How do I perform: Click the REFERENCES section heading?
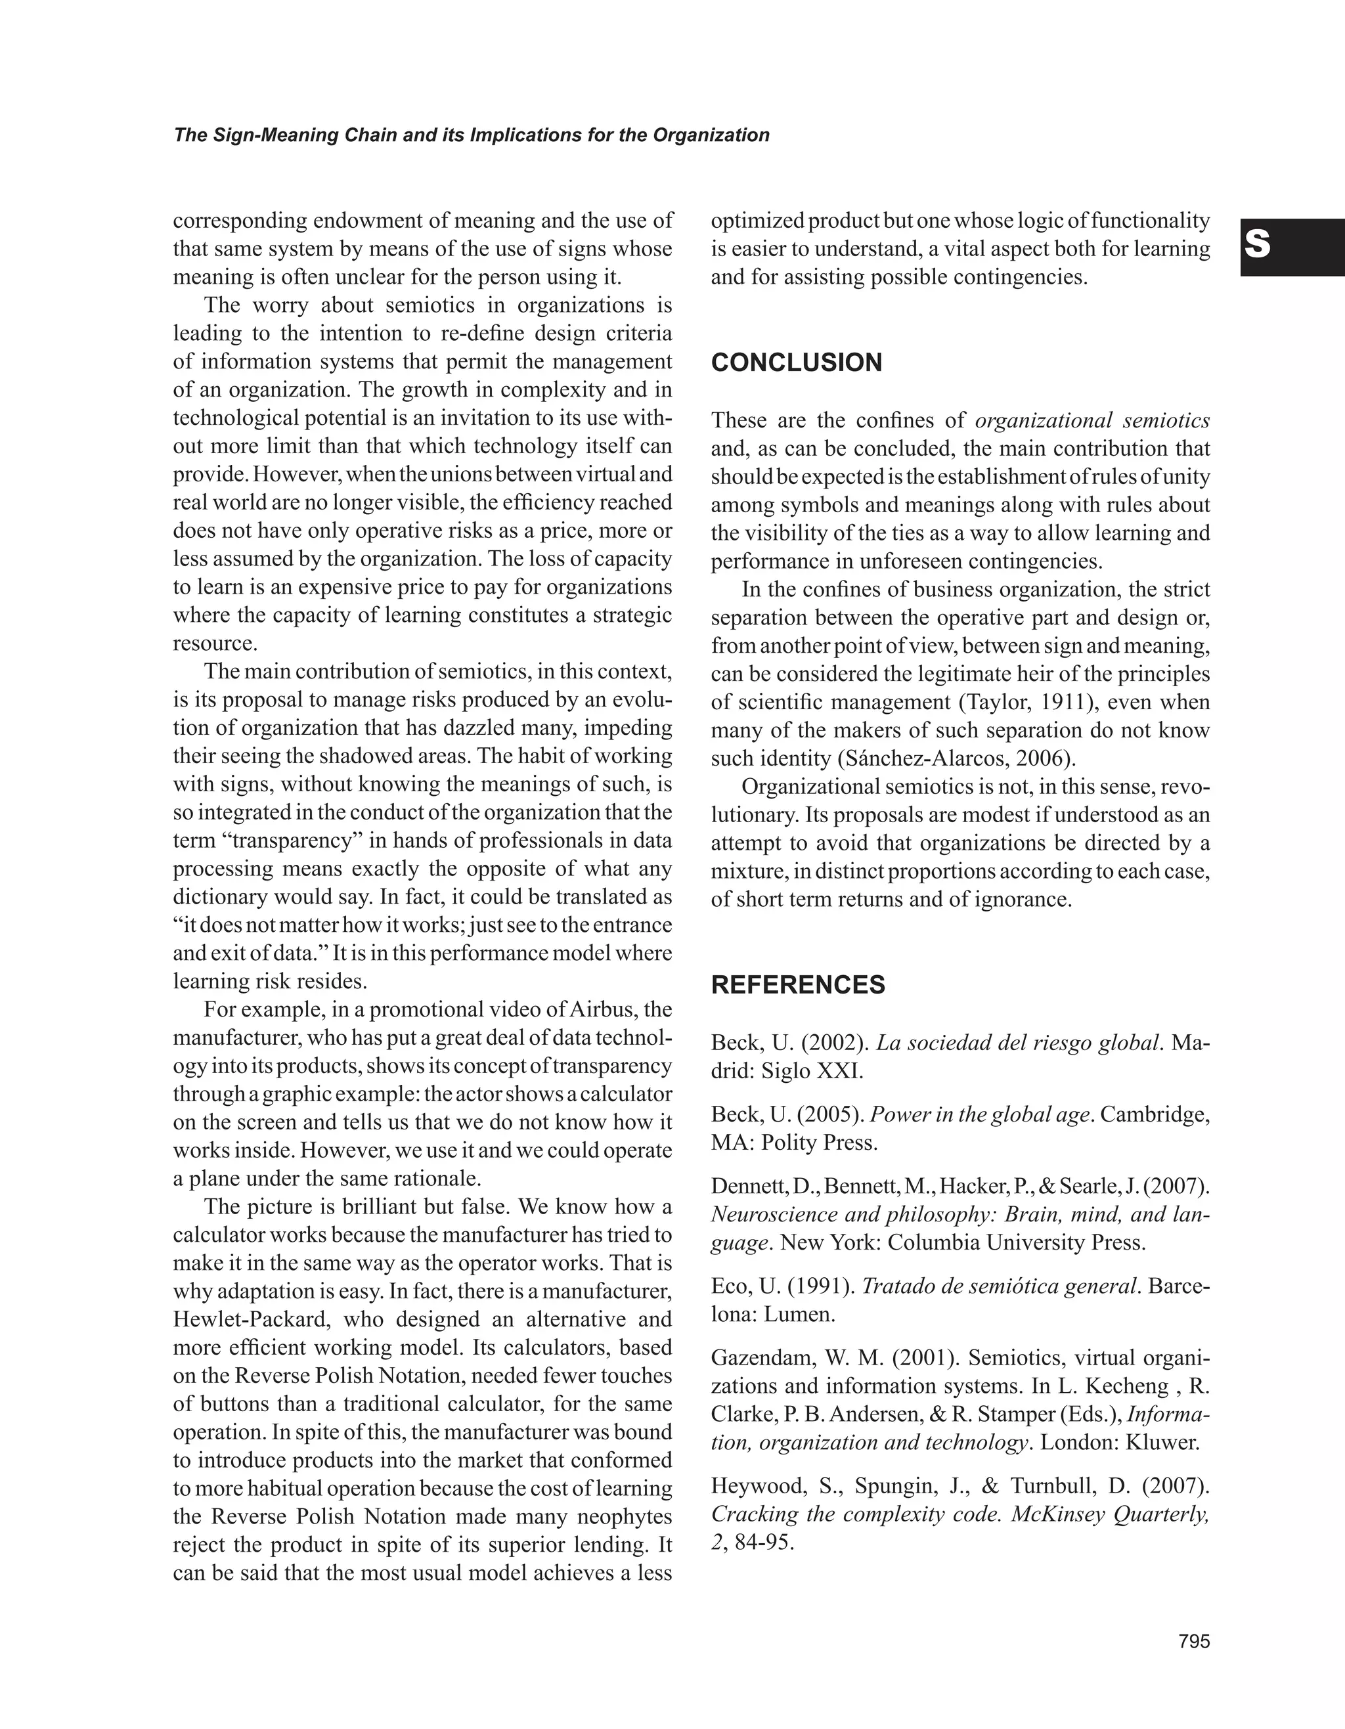point(797,985)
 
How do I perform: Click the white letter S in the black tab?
point(1257,245)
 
